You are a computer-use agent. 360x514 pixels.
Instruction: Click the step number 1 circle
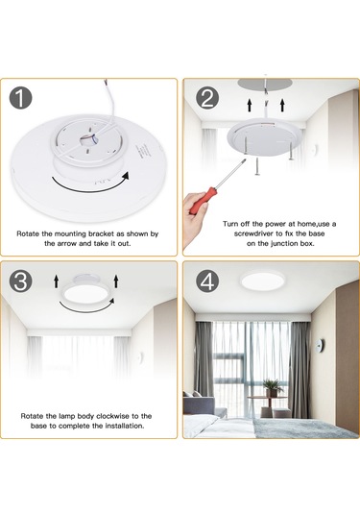tap(20, 98)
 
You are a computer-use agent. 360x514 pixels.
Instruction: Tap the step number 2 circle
tap(207, 98)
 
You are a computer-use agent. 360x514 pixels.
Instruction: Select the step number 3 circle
tap(20, 281)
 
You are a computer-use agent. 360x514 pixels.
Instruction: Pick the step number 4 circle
tap(207, 281)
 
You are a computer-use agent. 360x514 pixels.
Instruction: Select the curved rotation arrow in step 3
tap(87, 306)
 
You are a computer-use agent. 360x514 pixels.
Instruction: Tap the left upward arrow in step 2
tap(250, 105)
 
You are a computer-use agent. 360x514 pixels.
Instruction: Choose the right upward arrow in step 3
tap(115, 281)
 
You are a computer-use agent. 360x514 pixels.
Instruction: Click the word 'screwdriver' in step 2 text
tap(253, 233)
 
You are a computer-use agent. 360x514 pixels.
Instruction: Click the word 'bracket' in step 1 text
tap(102, 234)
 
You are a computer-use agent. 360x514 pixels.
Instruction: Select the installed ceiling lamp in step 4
tap(263, 281)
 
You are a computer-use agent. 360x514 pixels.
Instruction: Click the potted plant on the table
tap(273, 388)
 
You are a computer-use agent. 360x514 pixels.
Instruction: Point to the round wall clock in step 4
tap(319, 346)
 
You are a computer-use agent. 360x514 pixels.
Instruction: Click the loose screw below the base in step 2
tap(257, 166)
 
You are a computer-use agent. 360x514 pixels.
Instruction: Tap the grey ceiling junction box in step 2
tap(266, 85)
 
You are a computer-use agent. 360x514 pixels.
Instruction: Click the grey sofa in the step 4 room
tap(201, 404)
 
